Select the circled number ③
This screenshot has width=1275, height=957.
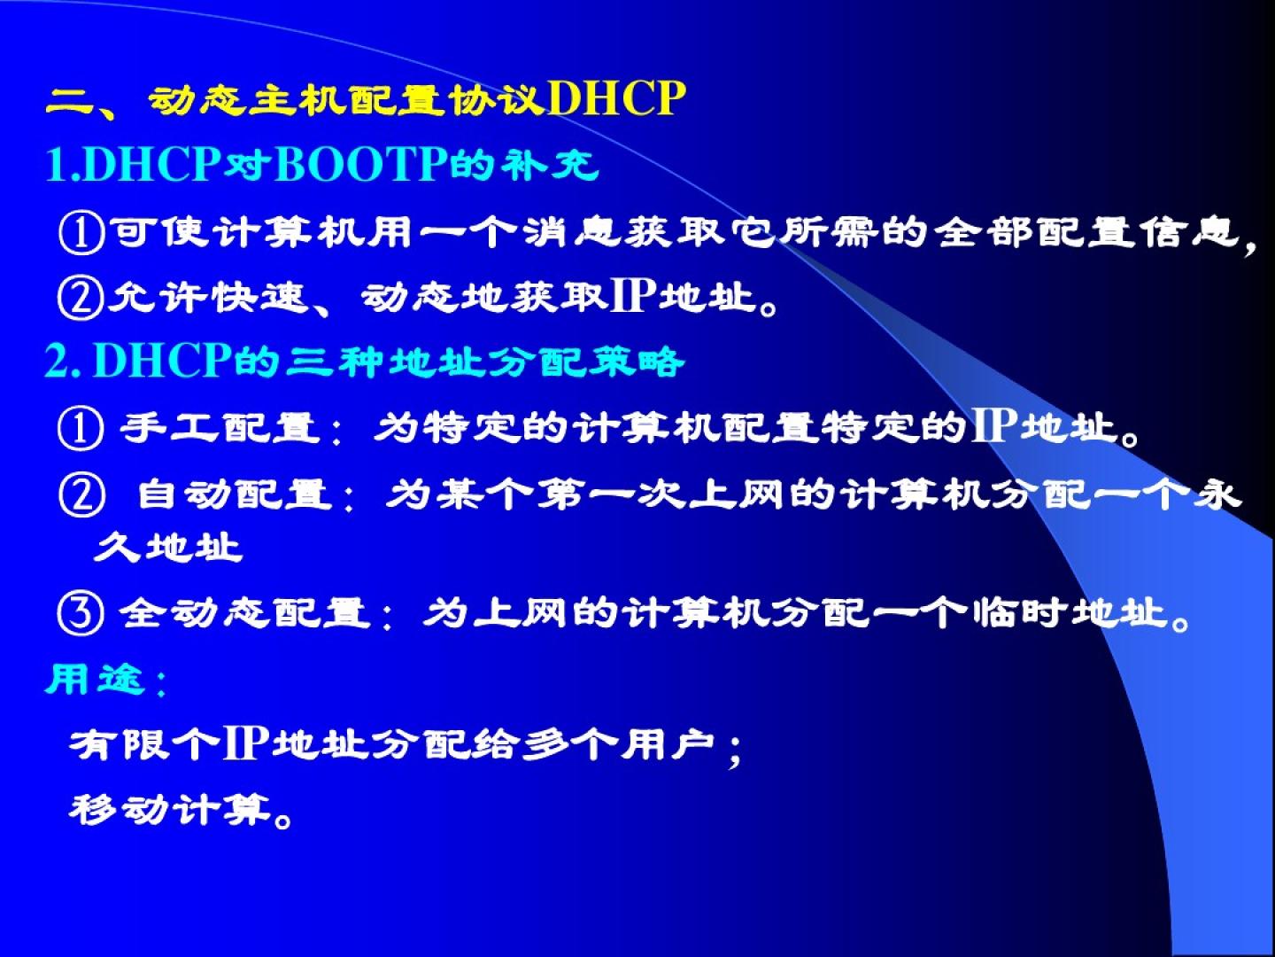[x=81, y=615]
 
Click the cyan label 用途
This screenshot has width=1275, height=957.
[x=94, y=679]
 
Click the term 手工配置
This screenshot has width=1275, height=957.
[x=220, y=428]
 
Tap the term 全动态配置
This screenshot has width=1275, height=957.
[x=245, y=613]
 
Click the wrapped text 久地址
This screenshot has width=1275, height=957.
[x=168, y=547]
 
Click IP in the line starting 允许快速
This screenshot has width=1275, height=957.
[x=634, y=295]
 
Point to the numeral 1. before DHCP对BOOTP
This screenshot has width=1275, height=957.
[x=63, y=165]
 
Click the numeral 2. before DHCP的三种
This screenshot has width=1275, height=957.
[x=63, y=361]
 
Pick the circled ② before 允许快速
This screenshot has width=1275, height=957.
[x=81, y=298]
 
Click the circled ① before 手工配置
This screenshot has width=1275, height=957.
[x=81, y=430]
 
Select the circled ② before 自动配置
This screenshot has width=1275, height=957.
[x=82, y=495]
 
